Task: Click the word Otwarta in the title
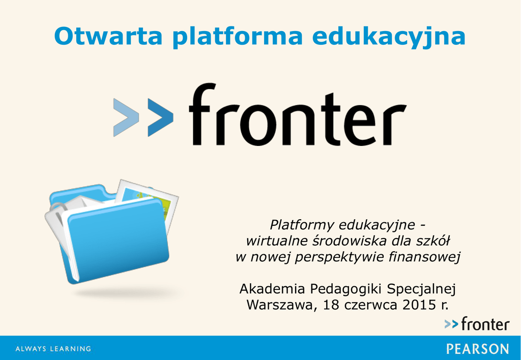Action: (108, 36)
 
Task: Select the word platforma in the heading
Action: (238, 37)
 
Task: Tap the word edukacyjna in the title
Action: (389, 37)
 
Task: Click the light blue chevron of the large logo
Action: (126, 117)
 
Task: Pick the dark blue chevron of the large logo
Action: (160, 117)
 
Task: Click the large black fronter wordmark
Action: (298, 114)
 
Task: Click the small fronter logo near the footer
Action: (477, 324)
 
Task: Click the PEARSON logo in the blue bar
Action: (477, 349)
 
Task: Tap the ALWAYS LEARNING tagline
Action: (53, 349)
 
